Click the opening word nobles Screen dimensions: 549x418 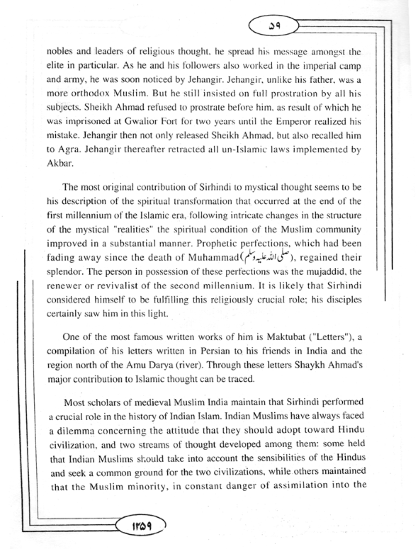click(59, 51)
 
